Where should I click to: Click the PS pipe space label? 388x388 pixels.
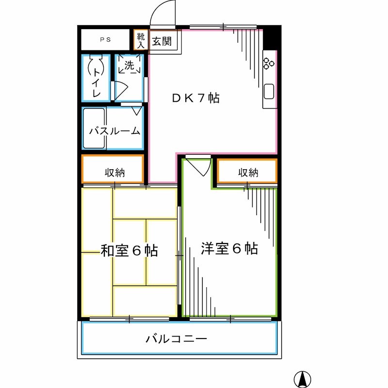pyautogui.click(x=105, y=40)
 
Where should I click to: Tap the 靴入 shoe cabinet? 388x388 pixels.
pyautogui.click(x=140, y=40)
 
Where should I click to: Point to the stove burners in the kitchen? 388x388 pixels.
pyautogui.click(x=269, y=63)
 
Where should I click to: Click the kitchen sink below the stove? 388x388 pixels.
pyautogui.click(x=269, y=91)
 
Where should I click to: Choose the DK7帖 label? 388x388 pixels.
pyautogui.click(x=196, y=98)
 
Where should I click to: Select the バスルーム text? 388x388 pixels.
pyautogui.click(x=115, y=130)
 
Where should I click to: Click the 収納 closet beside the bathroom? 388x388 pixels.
pyautogui.click(x=113, y=172)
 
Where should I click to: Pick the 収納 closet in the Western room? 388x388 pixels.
pyautogui.click(x=247, y=172)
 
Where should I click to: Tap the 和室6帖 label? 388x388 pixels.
pyautogui.click(x=129, y=251)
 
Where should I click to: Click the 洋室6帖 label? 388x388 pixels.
pyautogui.click(x=229, y=249)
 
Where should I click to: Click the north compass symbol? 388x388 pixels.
pyautogui.click(x=303, y=378)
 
